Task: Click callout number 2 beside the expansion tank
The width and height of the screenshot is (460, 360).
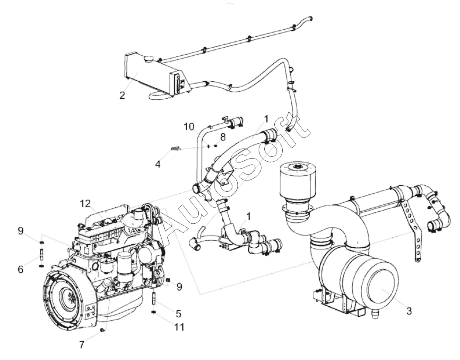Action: [x=122, y=95]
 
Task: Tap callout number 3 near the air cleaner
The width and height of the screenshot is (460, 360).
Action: [x=409, y=311]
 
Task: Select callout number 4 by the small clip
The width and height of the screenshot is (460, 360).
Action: [x=158, y=164]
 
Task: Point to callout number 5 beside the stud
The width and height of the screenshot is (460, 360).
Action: [x=178, y=314]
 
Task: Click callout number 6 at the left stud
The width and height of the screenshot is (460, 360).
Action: [x=21, y=269]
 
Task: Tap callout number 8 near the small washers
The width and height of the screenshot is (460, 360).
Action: [x=223, y=137]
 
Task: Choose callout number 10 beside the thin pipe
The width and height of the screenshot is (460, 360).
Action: [x=189, y=127]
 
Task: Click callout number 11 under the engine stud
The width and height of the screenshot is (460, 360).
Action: [x=179, y=326]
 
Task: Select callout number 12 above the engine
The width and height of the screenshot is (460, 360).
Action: [x=86, y=203]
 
